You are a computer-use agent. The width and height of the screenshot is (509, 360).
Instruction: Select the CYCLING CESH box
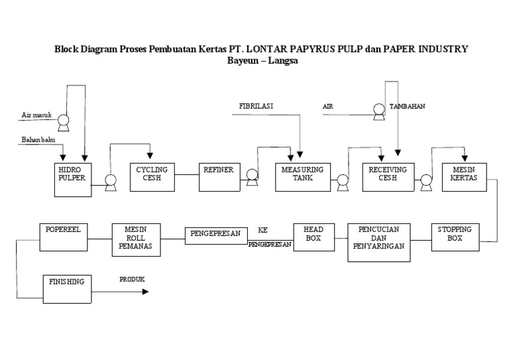click(x=152, y=176)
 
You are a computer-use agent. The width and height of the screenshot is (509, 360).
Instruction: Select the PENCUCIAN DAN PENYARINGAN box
click(x=378, y=242)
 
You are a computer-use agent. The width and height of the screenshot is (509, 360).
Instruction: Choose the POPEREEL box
click(x=62, y=236)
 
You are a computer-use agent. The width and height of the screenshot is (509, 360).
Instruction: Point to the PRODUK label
click(x=132, y=280)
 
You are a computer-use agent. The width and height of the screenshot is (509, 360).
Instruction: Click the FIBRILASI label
click(x=256, y=106)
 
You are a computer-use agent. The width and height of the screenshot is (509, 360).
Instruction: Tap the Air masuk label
click(x=37, y=115)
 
